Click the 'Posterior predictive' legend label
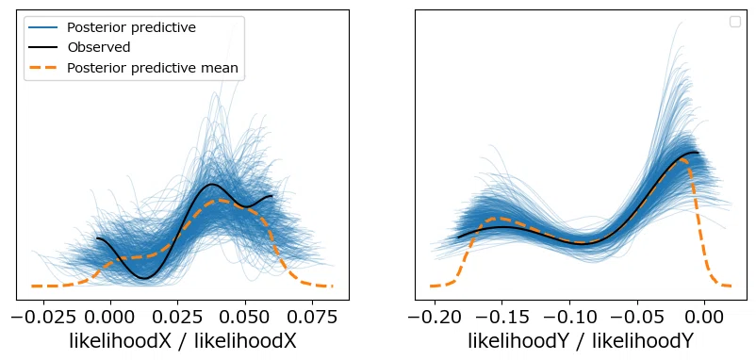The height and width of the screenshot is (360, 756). pyautogui.click(x=131, y=27)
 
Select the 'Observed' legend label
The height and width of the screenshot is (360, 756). pyautogui.click(x=99, y=47)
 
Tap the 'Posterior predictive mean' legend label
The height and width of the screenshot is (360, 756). pyautogui.click(x=153, y=68)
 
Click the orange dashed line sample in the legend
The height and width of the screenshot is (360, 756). pyautogui.click(x=43, y=68)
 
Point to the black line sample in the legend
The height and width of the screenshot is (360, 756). pyautogui.click(x=43, y=47)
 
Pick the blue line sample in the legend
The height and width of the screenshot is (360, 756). pyautogui.click(x=43, y=27)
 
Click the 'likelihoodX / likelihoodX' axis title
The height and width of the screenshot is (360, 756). pyautogui.click(x=183, y=342)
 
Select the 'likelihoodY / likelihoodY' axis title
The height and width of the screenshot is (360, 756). pyautogui.click(x=581, y=342)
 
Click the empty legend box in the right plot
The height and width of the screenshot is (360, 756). pyautogui.click(x=734, y=22)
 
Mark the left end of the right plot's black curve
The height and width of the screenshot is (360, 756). pyautogui.click(x=458, y=237)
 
